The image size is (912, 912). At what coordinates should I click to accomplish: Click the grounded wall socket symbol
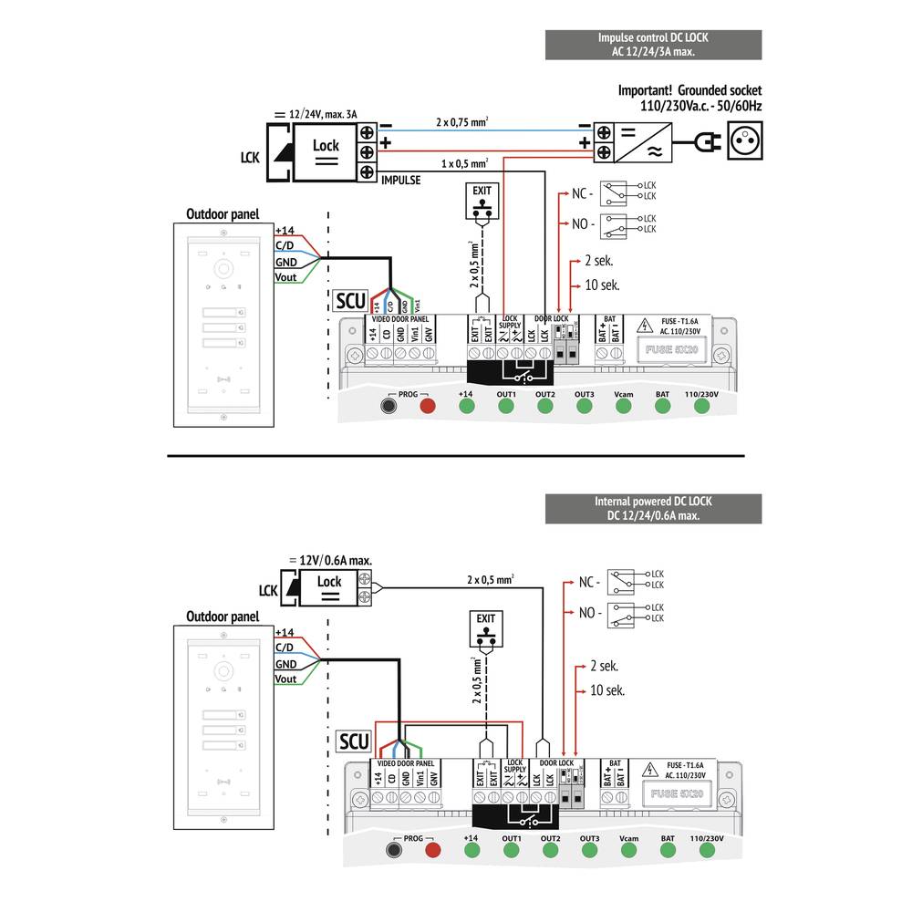(744, 142)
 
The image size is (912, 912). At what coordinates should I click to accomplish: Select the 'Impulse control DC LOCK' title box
(653, 44)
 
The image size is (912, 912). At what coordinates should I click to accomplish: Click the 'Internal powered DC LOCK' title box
(653, 509)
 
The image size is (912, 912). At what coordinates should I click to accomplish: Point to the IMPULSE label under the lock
(400, 181)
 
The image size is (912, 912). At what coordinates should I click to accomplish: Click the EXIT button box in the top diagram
(481, 202)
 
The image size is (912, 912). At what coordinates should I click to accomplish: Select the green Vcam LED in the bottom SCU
(627, 851)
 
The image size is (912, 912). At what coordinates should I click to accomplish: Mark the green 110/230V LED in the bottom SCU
(706, 851)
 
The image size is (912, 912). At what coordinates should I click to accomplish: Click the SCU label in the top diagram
(350, 301)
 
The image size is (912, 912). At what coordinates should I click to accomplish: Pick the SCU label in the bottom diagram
(354, 741)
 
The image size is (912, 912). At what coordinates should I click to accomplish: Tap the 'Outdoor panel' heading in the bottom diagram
(223, 617)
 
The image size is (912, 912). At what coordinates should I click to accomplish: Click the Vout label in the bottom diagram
(285, 679)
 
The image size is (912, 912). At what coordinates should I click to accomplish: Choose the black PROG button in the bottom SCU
(394, 851)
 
